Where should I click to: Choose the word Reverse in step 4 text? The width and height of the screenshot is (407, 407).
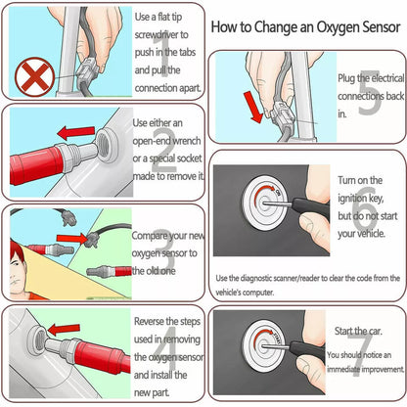click(x=155, y=320)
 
